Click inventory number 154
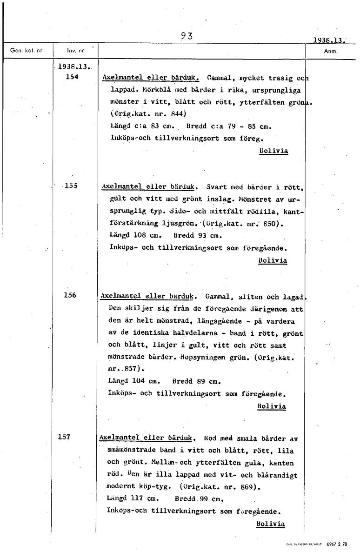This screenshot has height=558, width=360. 72,77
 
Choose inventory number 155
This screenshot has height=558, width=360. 71,186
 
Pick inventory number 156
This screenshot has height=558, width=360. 70,295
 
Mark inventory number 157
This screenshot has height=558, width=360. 64,437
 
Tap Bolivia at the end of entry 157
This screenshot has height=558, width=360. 270,524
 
